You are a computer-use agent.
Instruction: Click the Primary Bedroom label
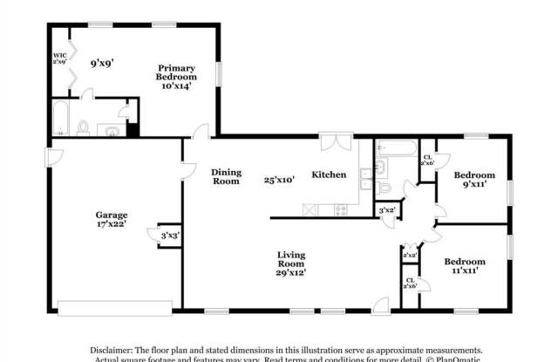coord(177,76)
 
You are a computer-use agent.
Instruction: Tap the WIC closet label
coord(60,58)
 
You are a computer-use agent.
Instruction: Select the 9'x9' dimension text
coord(102,63)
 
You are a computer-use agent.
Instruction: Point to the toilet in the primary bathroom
coord(84,127)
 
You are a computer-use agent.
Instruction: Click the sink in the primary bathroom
coord(111,129)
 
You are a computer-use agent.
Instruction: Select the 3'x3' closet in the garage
coord(168,235)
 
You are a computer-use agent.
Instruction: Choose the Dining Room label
coord(226,176)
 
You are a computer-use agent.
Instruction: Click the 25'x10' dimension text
coord(279,180)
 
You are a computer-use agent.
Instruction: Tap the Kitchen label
coord(329,174)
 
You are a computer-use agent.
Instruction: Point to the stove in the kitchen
coord(341,209)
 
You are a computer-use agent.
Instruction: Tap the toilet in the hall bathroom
coord(384,186)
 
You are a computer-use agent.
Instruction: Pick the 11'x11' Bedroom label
coord(465,266)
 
